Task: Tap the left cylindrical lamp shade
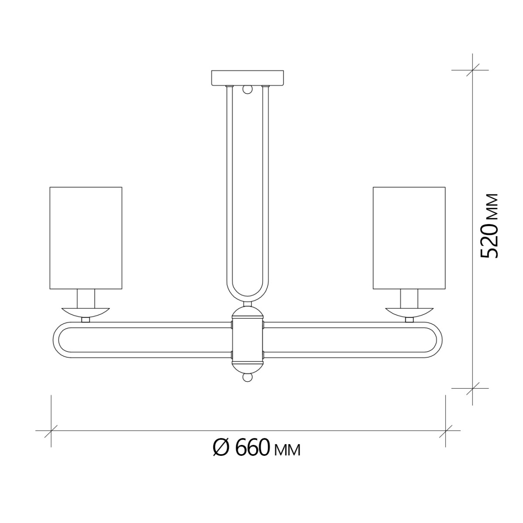tap(86, 238)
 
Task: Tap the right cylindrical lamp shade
tap(409, 238)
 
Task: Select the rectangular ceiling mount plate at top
tap(248, 78)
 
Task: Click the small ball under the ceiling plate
tap(248, 90)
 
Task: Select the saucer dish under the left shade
tap(86, 311)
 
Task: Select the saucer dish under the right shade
tap(409, 311)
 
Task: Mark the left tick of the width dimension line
tap(51, 431)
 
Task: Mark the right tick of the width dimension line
tap(445, 431)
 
